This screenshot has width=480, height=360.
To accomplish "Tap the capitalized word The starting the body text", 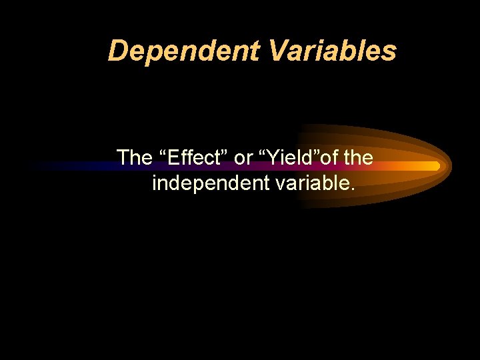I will (x=135, y=158).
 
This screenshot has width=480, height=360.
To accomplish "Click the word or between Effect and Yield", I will (x=244, y=159).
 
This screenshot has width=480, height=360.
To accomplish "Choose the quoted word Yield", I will (x=292, y=158).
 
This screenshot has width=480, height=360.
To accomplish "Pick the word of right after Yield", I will (x=333, y=158).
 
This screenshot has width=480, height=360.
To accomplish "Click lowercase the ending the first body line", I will (x=359, y=158).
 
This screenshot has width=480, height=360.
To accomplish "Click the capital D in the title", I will (x=117, y=51).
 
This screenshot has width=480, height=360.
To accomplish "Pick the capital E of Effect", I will (x=175, y=158).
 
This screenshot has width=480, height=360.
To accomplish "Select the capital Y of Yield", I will (x=273, y=158).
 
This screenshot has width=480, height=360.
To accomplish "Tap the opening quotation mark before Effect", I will (x=164, y=153).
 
